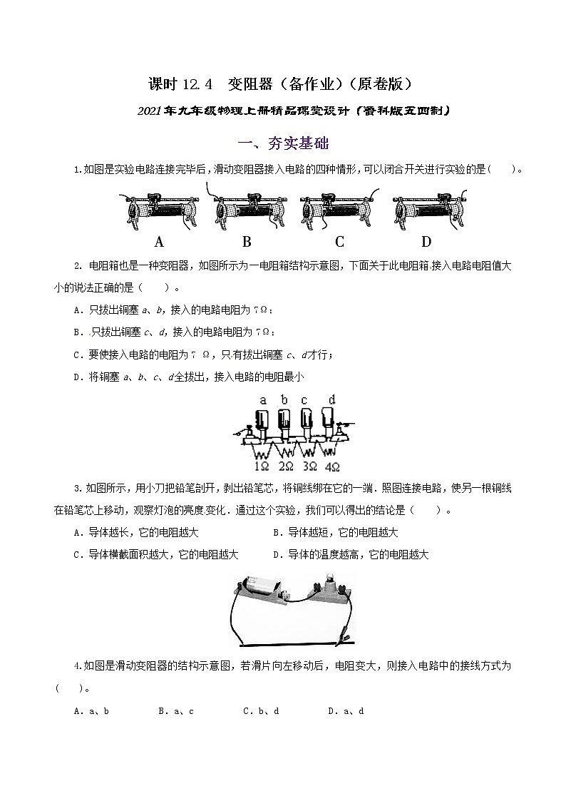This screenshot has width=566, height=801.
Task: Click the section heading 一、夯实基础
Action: pos(282,143)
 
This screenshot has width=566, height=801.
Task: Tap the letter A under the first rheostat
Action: pos(160,241)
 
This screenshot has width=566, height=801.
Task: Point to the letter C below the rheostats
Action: pos(339,241)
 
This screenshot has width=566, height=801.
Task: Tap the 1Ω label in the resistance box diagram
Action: pos(262,467)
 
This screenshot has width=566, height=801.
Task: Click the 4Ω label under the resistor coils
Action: pos(332,467)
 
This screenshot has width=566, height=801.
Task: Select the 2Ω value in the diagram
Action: pos(286,467)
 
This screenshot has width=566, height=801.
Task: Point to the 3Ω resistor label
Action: pos(309,467)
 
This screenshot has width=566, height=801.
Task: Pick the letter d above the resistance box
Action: pos(331,399)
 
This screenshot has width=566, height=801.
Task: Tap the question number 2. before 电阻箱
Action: pos(78,266)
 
